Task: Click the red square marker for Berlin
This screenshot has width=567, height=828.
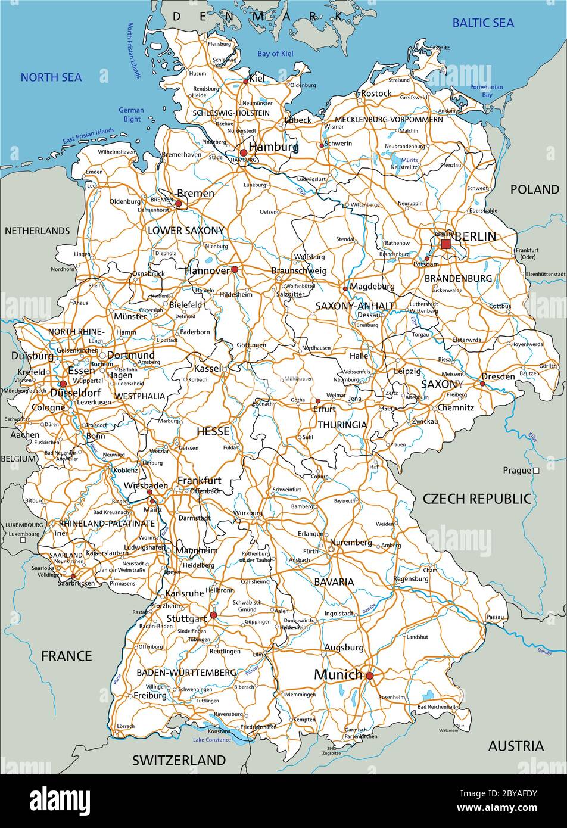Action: click(x=445, y=244)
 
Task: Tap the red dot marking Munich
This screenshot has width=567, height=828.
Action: click(x=369, y=676)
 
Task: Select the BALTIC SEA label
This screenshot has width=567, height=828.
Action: click(x=483, y=23)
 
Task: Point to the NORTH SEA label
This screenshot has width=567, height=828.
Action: click(x=51, y=77)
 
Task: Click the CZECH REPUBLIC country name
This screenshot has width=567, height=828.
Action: click(x=476, y=499)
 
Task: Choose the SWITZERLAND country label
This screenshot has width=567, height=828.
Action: click(x=179, y=760)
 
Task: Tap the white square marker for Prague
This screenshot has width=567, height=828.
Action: click(x=536, y=471)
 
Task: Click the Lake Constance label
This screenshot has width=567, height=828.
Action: click(x=211, y=740)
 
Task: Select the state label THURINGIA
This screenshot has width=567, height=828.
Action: click(x=342, y=425)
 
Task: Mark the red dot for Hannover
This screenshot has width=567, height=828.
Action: click(x=235, y=270)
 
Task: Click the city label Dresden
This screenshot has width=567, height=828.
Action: click(x=499, y=376)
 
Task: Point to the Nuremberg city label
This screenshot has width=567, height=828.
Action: click(x=350, y=543)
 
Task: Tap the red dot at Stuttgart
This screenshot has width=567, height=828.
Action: click(x=213, y=615)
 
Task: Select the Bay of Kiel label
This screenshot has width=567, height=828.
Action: click(x=275, y=54)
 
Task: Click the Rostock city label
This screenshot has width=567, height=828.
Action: click(x=376, y=93)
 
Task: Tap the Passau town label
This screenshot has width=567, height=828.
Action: click(x=494, y=617)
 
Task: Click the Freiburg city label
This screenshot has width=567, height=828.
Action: click(x=150, y=695)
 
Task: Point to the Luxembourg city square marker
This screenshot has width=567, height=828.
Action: click(x=23, y=541)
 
